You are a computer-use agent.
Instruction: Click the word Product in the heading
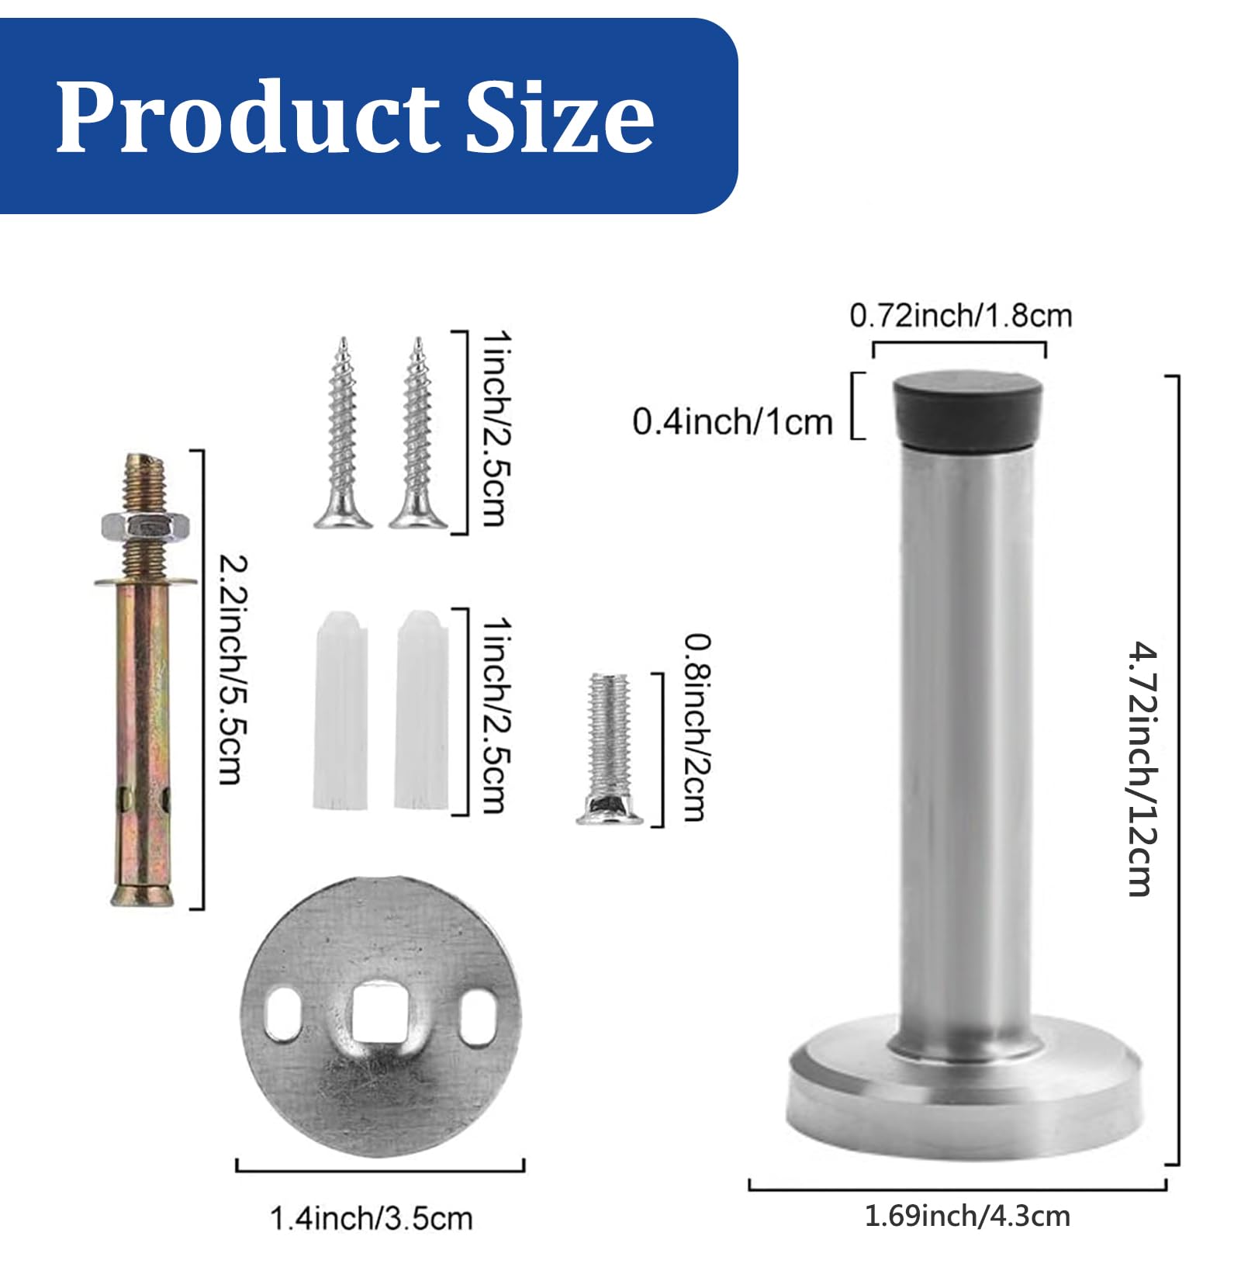(x=247, y=117)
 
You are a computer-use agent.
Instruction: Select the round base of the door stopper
(x=965, y=1091)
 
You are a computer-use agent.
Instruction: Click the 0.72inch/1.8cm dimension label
(x=960, y=316)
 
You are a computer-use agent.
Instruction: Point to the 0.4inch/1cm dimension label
(x=732, y=421)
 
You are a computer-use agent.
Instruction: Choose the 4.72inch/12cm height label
(x=1142, y=768)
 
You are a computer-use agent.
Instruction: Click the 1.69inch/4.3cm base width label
(x=966, y=1216)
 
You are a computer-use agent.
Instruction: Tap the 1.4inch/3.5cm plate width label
(x=371, y=1218)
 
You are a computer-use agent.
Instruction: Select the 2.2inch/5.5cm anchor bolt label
(x=233, y=669)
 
